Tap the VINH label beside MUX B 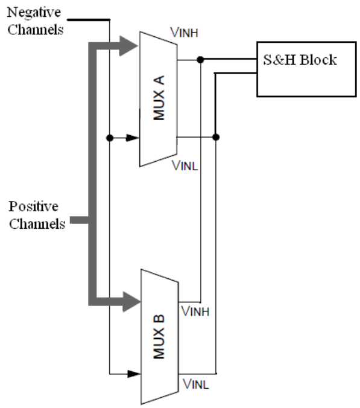[x=194, y=311]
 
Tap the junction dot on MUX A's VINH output [x=200, y=59]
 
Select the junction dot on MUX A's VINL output [x=216, y=137]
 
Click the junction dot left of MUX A [x=109, y=138]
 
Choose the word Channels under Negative [x=36, y=29]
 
